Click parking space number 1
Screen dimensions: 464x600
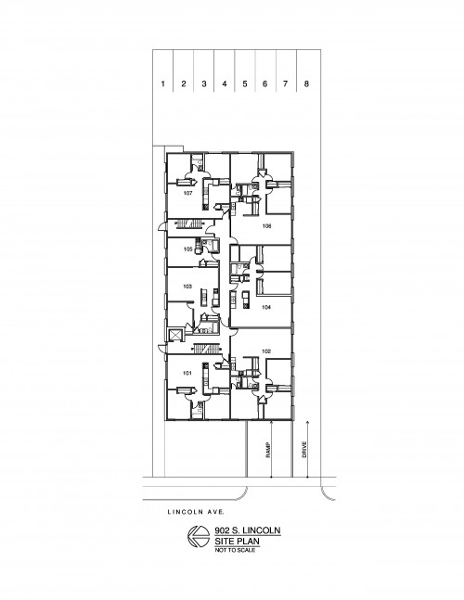click(163, 83)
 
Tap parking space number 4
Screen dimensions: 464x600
click(225, 83)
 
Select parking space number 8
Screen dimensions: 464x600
click(306, 83)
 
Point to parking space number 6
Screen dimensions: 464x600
click(264, 83)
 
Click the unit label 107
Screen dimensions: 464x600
click(187, 193)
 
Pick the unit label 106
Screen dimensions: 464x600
click(267, 226)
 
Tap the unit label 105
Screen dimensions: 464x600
click(187, 249)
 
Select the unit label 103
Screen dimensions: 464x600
click(187, 287)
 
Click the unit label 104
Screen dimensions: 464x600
click(266, 307)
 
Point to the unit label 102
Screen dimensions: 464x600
click(266, 351)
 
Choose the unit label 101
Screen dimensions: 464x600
click(187, 373)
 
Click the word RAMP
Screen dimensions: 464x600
click(268, 450)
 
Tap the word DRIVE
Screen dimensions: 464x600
click(304, 450)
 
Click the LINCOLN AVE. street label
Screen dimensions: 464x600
click(196, 512)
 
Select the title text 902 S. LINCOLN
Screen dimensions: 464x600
click(248, 530)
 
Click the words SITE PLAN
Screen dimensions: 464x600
click(237, 542)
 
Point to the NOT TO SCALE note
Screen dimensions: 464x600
click(235, 550)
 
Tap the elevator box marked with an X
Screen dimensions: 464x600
click(175, 335)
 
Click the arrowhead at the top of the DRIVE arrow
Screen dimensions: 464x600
click(307, 422)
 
